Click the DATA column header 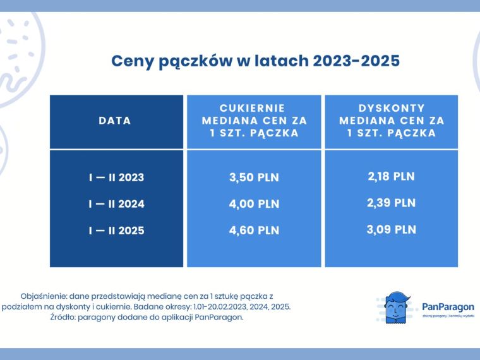click(115, 121)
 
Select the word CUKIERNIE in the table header click(252, 108)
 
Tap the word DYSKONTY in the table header click(392, 108)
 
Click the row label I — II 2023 click(116, 177)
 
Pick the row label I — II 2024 click(116, 204)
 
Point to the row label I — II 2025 click(116, 231)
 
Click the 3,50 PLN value click(254, 177)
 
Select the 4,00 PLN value click(254, 204)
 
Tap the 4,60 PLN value click(254, 231)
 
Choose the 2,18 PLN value click(391, 176)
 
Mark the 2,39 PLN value click(391, 203)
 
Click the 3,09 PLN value click(391, 230)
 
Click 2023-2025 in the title click(356, 61)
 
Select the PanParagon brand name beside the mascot click(448, 307)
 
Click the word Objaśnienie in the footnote click(43, 296)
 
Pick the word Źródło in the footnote click(63, 318)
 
